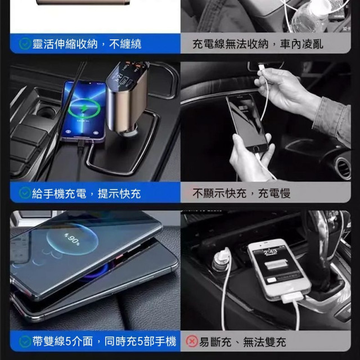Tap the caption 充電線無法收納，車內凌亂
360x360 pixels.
pyautogui.click(x=265, y=44)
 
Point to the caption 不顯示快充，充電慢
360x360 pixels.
pyautogui.click(x=241, y=193)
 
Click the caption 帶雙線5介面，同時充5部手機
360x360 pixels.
pyautogui.click(x=105, y=341)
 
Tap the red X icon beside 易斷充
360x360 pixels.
pyautogui.click(x=192, y=341)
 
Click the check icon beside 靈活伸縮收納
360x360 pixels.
pyautogui.click(x=25, y=44)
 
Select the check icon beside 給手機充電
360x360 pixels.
pyautogui.click(x=25, y=193)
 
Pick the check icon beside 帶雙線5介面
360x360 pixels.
pyautogui.click(x=25, y=341)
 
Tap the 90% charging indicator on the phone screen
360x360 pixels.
pyautogui.click(x=72, y=239)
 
